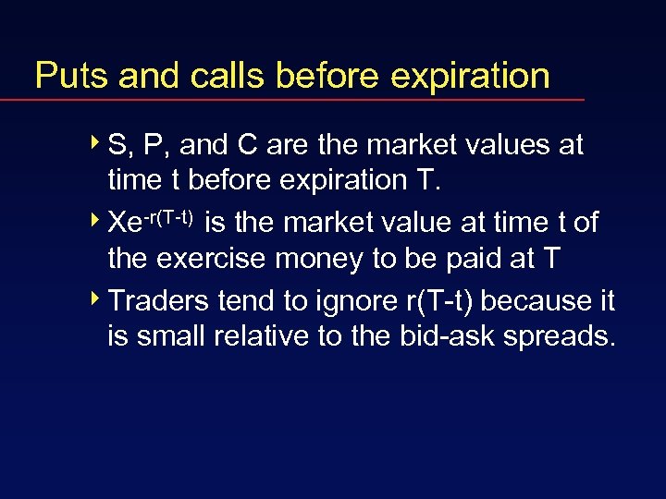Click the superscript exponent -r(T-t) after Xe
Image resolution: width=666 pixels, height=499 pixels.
pos(167,217)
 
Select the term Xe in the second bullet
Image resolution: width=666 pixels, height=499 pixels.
pos(124,224)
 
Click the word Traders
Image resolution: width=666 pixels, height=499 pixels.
pos(153,300)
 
